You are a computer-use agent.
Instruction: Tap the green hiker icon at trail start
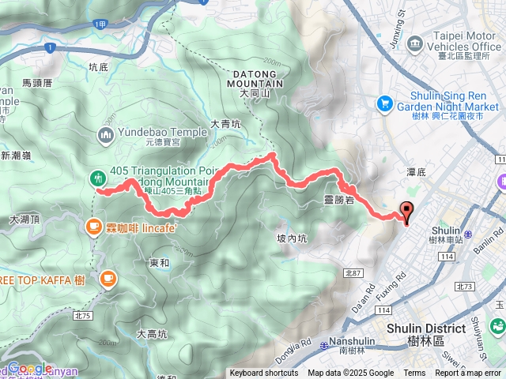(x=98, y=178)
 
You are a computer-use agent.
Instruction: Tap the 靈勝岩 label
(x=339, y=201)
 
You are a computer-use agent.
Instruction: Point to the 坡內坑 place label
(x=293, y=238)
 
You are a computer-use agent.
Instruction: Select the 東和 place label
(x=159, y=262)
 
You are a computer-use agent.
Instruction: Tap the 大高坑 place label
(x=152, y=333)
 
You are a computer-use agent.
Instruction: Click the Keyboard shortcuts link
(x=263, y=373)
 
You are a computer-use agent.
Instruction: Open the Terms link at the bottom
(x=414, y=373)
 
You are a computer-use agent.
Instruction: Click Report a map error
(x=469, y=373)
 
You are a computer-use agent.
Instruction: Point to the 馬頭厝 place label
(x=37, y=82)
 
